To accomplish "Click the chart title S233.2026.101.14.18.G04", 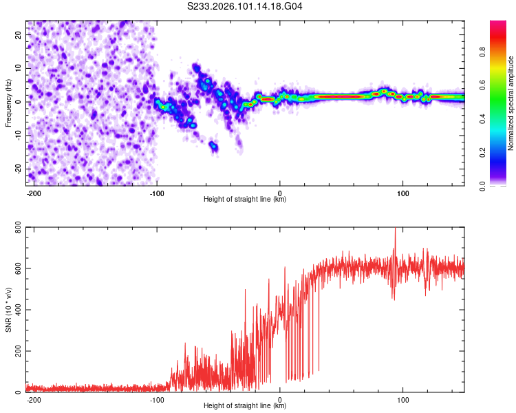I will [x=246, y=7].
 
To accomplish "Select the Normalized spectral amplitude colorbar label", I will [x=511, y=103].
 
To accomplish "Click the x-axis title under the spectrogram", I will [x=245, y=200].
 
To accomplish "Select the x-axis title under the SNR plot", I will [x=245, y=406].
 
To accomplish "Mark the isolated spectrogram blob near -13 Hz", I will [x=214, y=146].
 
